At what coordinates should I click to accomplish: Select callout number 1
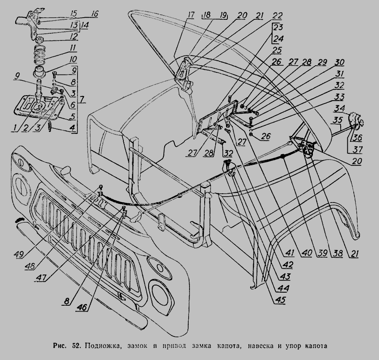point(16,127)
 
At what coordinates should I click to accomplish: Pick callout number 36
point(357,137)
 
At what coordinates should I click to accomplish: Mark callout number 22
point(278,16)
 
